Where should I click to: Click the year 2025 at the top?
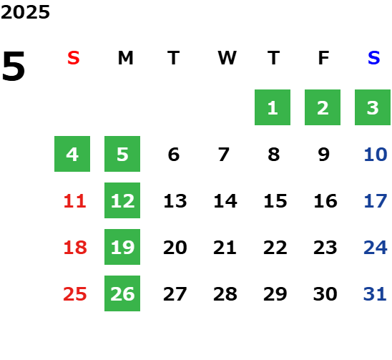click(x=25, y=12)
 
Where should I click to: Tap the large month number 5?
click(x=14, y=66)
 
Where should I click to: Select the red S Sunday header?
click(x=74, y=58)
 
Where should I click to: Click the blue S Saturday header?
click(x=374, y=58)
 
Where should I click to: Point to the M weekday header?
click(x=125, y=58)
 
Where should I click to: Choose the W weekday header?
click(x=227, y=58)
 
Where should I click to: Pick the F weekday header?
click(x=324, y=58)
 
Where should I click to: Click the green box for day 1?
click(x=273, y=107)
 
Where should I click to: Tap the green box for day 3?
click(x=373, y=107)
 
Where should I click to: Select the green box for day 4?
click(x=72, y=154)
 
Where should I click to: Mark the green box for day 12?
click(x=122, y=200)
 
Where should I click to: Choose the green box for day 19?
click(x=122, y=247)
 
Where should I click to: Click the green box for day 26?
click(x=122, y=293)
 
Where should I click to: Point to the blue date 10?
click(x=376, y=155)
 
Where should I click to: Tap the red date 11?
click(x=75, y=201)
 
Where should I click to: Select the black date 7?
click(x=224, y=155)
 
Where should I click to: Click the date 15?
click(x=275, y=201)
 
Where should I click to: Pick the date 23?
click(x=325, y=248)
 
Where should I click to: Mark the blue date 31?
click(x=375, y=294)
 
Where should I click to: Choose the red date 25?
click(x=75, y=294)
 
